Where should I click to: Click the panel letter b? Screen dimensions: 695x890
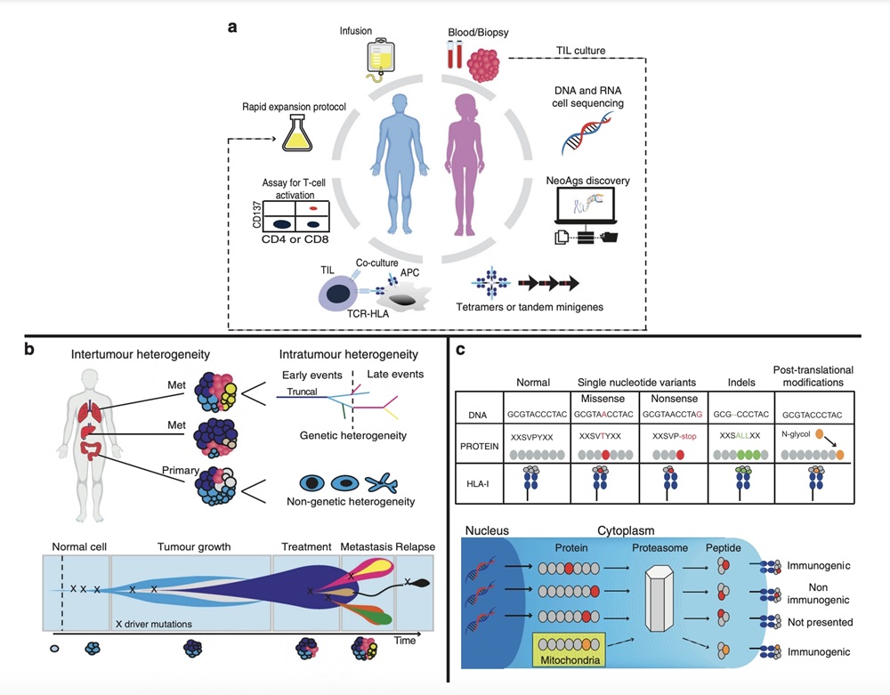[29, 349]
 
